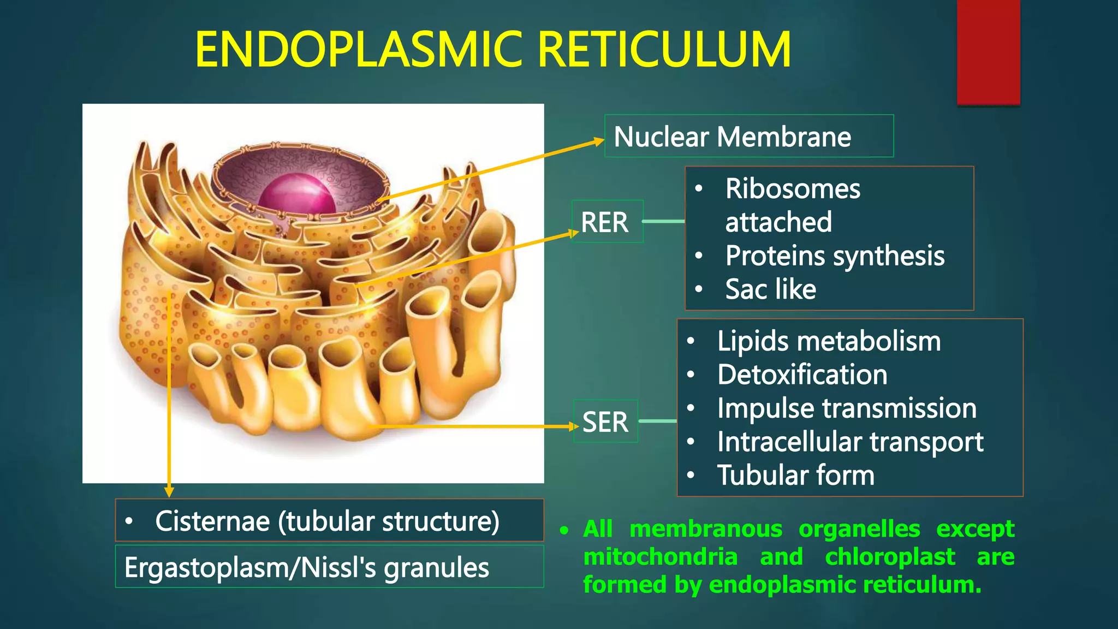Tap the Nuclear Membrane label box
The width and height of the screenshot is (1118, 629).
pyautogui.click(x=748, y=136)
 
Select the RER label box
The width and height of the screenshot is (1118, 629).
pyautogui.click(x=606, y=222)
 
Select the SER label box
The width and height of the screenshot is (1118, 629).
pyautogui.click(x=605, y=422)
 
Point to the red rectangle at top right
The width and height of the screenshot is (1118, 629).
pyautogui.click(x=988, y=52)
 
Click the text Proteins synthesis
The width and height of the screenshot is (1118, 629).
pyautogui.click(x=835, y=256)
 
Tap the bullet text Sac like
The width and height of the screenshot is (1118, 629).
pyautogui.click(x=770, y=289)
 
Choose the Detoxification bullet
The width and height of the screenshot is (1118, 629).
pyautogui.click(x=802, y=375)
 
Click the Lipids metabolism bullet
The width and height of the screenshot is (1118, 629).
pyautogui.click(x=829, y=341)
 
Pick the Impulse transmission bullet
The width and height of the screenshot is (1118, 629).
pyautogui.click(x=847, y=408)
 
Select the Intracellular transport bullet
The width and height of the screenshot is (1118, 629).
pyautogui.click(x=850, y=442)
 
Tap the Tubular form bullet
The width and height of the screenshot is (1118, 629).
pyautogui.click(x=795, y=475)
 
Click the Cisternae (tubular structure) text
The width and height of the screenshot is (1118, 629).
pyautogui.click(x=327, y=521)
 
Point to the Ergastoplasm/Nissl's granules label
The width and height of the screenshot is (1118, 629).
pyautogui.click(x=306, y=567)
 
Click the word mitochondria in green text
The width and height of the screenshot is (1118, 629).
pyautogui.click(x=660, y=557)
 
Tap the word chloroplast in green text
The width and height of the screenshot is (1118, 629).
pyautogui.click(x=890, y=557)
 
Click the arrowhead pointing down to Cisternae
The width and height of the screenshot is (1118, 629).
pyautogui.click(x=169, y=491)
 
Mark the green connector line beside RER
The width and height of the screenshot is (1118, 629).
pyautogui.click(x=663, y=221)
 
